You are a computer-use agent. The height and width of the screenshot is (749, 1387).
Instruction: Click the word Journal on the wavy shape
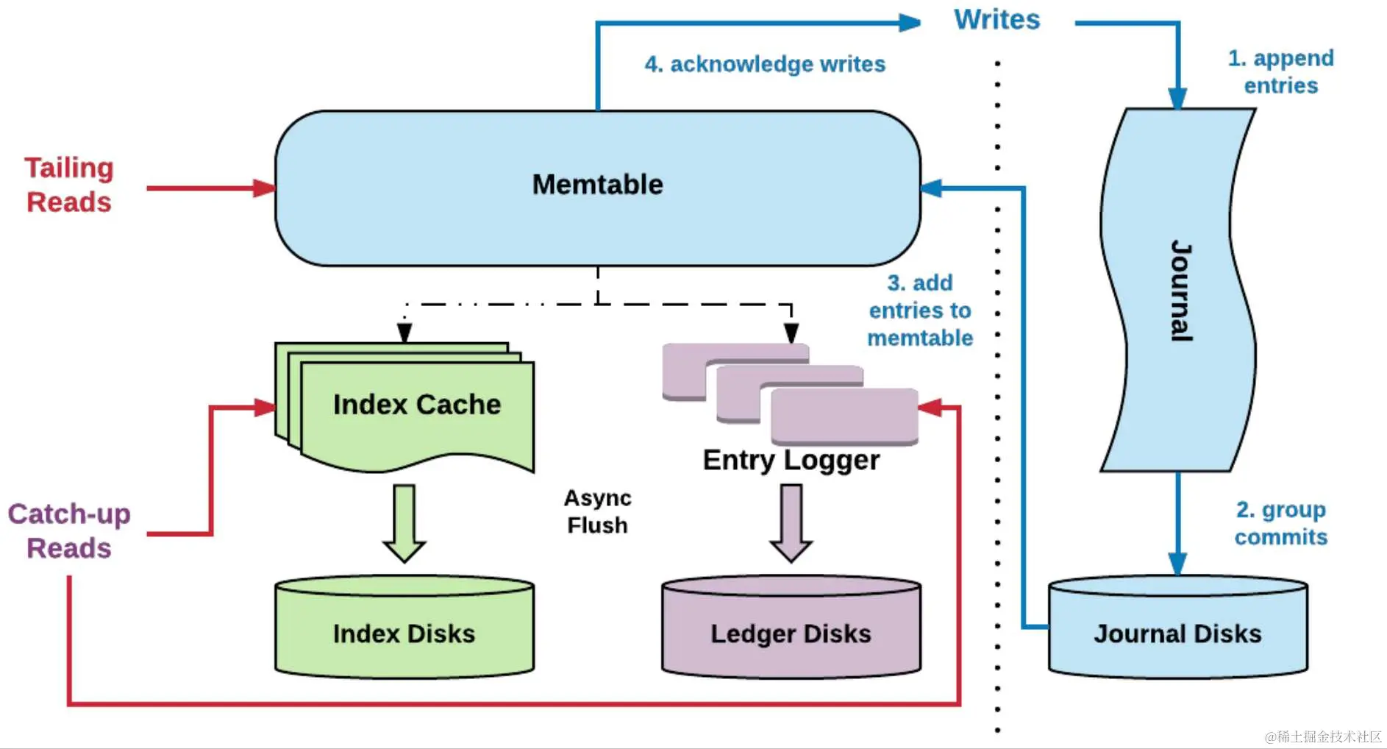coord(1180,291)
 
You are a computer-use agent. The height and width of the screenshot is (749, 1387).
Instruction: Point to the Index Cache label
coord(416,405)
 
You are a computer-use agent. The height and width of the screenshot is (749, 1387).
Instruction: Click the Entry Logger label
coord(791,460)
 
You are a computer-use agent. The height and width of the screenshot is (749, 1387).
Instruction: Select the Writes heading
coord(996,20)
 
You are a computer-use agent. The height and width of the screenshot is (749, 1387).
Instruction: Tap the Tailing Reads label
coord(69,185)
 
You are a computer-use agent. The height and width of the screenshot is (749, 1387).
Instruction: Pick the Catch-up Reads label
coord(69,530)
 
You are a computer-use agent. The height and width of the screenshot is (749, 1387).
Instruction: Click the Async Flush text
coord(597,511)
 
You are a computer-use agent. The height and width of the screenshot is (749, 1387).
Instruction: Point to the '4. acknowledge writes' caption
coord(765,64)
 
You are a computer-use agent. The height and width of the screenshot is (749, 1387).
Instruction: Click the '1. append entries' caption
coord(1280,71)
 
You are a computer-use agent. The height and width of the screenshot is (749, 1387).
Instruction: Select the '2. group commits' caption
coord(1280,523)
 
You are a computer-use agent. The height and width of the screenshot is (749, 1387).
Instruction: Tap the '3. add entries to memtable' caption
coord(920,310)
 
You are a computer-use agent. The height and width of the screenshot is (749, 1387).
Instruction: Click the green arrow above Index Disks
coord(404,523)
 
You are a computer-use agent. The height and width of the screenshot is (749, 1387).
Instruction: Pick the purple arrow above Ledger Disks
coord(791,523)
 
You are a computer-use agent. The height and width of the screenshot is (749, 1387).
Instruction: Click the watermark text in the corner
coord(1322,736)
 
